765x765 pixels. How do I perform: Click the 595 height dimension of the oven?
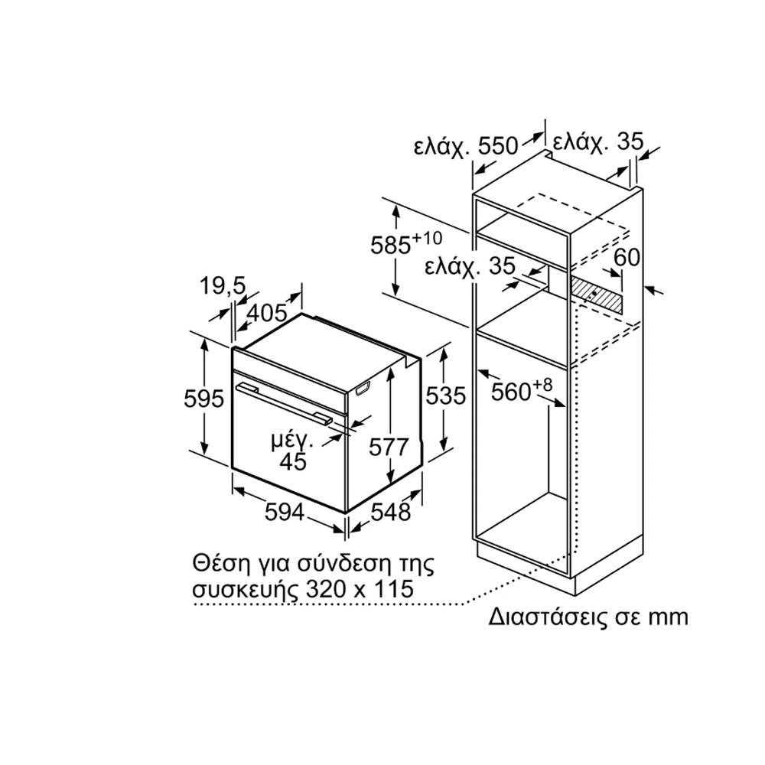(x=203, y=399)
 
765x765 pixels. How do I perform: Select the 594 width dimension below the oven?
(x=285, y=513)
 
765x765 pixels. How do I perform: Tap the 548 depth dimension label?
(x=390, y=513)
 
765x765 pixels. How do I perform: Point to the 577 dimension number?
(x=389, y=448)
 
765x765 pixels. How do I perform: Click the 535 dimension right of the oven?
(x=445, y=396)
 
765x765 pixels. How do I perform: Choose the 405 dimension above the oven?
(x=267, y=313)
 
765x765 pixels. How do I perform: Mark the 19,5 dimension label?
(x=223, y=286)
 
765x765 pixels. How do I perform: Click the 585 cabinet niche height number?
(x=390, y=246)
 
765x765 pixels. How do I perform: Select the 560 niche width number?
(x=511, y=392)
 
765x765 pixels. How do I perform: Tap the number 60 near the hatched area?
(x=627, y=257)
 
